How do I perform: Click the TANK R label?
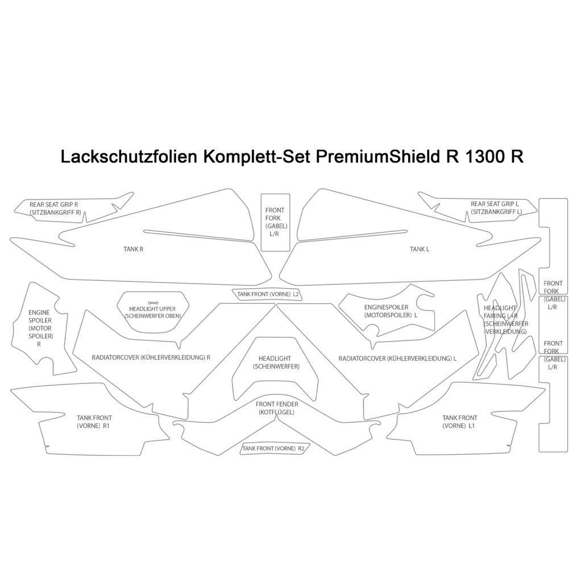[x=134, y=249]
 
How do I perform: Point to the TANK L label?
[x=419, y=249]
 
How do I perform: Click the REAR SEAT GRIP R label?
[x=55, y=208]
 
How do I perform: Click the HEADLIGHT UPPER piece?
[x=152, y=312]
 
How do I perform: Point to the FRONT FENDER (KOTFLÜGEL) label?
[x=277, y=408]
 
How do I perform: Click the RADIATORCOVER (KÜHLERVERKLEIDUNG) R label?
[x=151, y=358]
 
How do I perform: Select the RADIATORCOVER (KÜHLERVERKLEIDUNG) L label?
[x=397, y=359]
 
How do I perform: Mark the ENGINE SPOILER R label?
[x=39, y=328]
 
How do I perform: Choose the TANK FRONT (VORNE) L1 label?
[x=459, y=422]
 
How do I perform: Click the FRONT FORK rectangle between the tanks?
[x=275, y=222]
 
